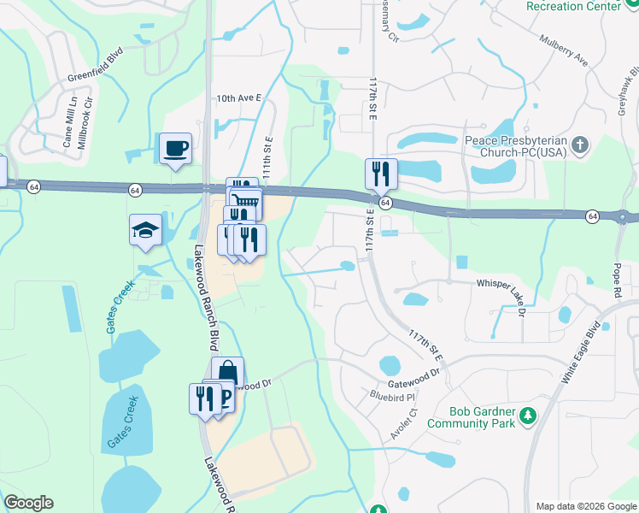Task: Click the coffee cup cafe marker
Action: tap(175, 149)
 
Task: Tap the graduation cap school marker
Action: tap(145, 229)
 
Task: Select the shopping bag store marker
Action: tap(227, 373)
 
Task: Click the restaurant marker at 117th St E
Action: tap(381, 174)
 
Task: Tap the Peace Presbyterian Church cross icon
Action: tap(580, 143)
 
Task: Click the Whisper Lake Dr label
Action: tap(490, 284)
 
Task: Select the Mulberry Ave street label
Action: tap(564, 50)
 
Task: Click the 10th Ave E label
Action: tap(237, 98)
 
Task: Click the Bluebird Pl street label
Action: tap(392, 397)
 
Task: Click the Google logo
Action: tap(28, 503)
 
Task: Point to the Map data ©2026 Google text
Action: tap(587, 506)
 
